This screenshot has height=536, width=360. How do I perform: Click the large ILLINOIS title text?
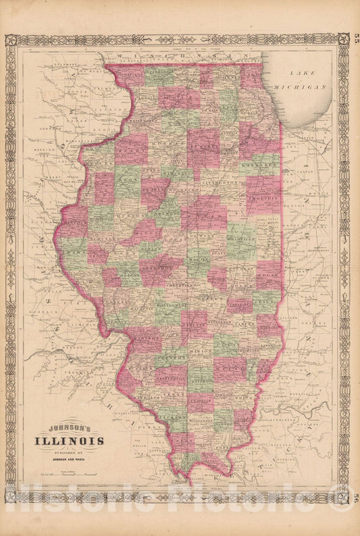coord(75,441)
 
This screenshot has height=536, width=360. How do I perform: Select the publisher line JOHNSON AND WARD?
coord(74,460)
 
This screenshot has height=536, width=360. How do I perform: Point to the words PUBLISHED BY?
coord(74,453)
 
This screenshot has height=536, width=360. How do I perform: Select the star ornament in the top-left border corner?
coord(11,40)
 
